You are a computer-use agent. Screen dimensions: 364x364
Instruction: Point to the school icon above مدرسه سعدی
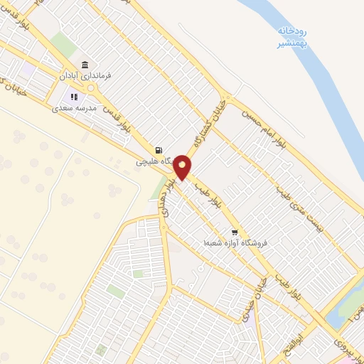tap(73, 97)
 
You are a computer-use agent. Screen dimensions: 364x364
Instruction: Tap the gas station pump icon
tap(158, 150)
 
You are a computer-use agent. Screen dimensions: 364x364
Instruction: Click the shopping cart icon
tap(234, 232)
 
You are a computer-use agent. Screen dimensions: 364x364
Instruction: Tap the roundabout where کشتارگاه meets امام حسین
tap(228, 99)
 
